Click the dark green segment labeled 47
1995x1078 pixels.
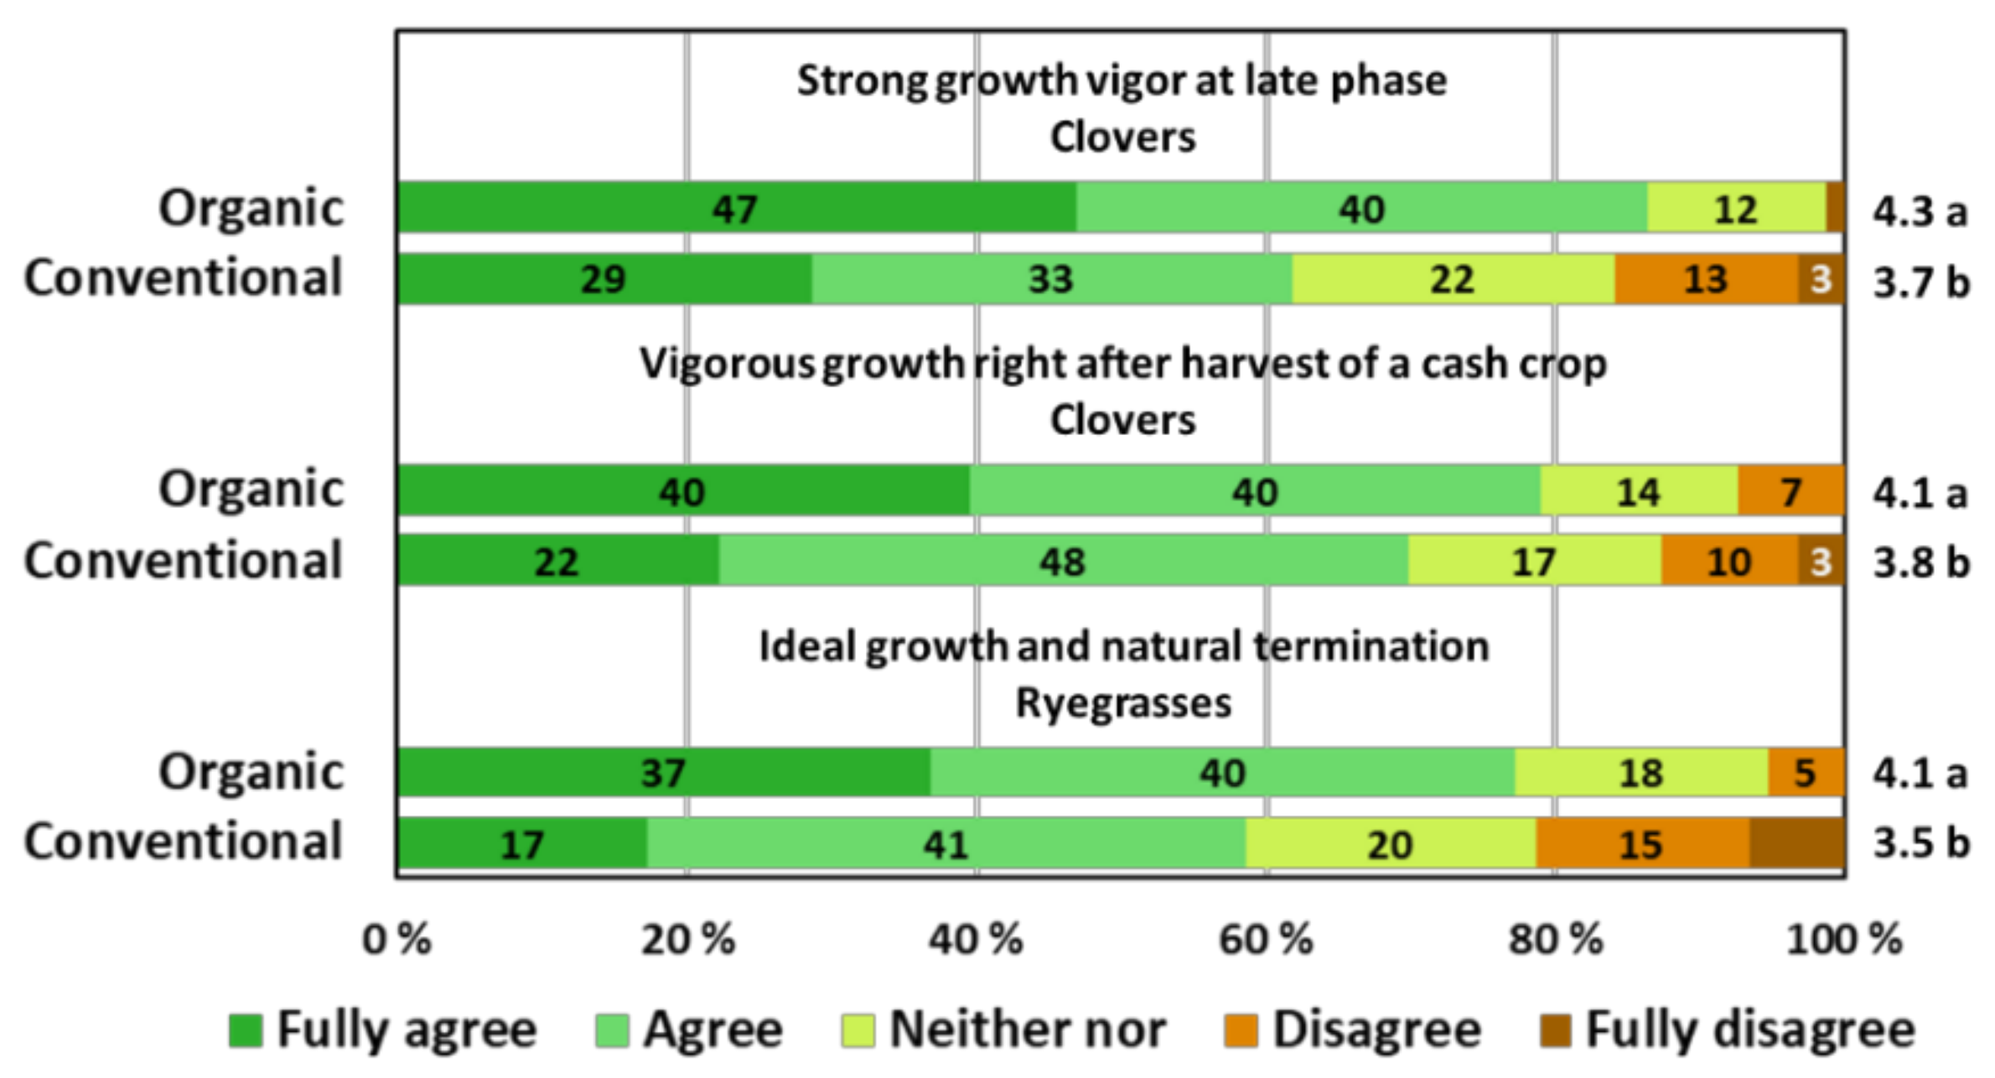[736, 208]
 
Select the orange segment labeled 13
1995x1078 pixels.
[1705, 279]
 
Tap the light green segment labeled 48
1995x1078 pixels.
[1062, 561]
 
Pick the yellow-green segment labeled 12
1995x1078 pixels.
[1735, 208]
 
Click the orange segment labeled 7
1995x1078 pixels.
[1790, 491]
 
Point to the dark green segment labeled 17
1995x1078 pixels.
[521, 843]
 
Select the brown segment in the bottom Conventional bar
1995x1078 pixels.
[1796, 843]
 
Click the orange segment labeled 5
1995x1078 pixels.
[1806, 772]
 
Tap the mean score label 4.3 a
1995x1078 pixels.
[1920, 211]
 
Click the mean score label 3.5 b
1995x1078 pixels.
[1920, 843]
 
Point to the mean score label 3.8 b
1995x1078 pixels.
[1920, 562]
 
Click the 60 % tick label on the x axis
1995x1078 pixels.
[1266, 940]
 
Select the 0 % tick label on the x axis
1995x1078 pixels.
[396, 940]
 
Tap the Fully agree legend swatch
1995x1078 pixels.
[246, 1030]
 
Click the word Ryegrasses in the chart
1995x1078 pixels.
[1123, 702]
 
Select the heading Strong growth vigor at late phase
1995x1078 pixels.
[1122, 81]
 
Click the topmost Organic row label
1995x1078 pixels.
[251, 208]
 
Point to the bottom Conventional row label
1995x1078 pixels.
[183, 842]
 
